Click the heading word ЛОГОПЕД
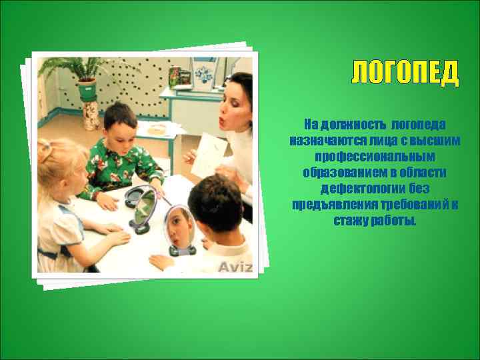pos(405,73)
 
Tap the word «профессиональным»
pos(374,157)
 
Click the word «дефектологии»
pos(356,189)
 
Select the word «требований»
pos(409,205)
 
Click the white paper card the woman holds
pos(208,155)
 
